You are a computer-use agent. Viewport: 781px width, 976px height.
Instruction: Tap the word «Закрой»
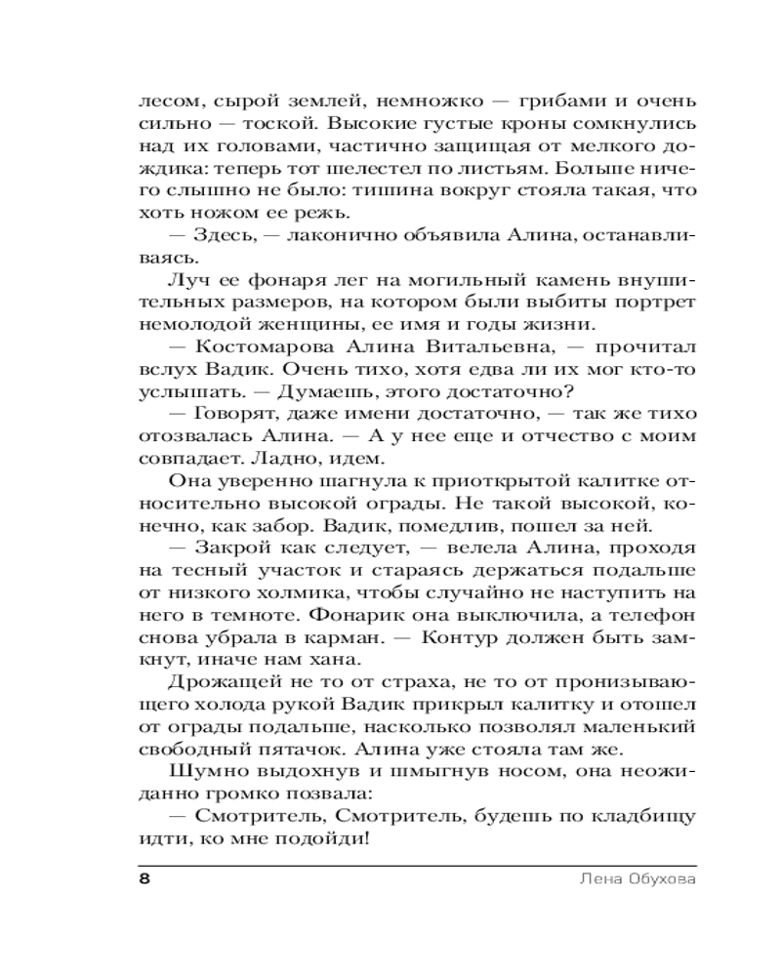point(228,550)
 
